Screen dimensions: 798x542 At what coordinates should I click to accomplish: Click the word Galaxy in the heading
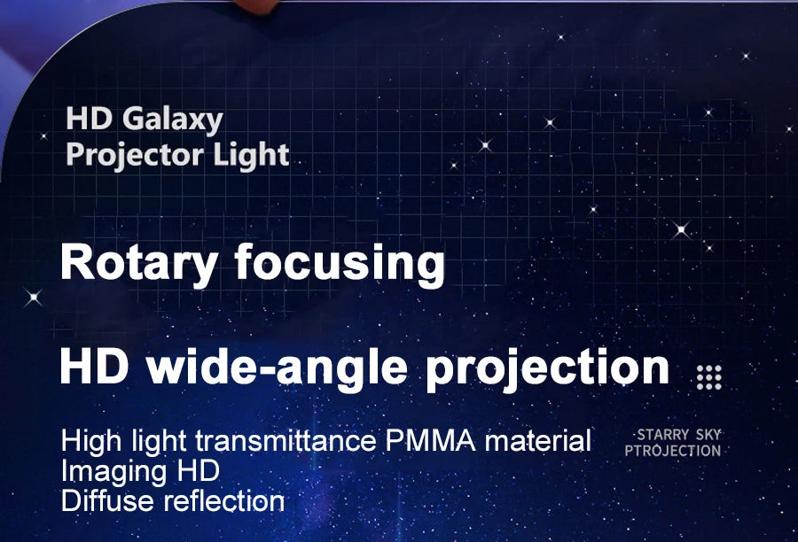pos(173,120)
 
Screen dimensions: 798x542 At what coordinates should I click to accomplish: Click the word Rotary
pos(139,263)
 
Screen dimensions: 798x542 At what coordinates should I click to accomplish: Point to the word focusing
pos(340,262)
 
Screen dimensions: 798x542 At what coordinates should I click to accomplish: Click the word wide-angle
pos(278,368)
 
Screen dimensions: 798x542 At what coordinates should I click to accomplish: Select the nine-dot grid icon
pos(709,378)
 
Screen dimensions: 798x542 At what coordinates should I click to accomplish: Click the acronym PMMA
pos(431,440)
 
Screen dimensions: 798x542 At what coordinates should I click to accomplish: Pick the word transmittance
pos(286,440)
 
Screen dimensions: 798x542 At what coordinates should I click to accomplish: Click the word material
pos(538,440)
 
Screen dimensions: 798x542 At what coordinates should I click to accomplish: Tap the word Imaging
pos(114,471)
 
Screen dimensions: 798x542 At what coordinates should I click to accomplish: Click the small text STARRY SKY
pos(679,435)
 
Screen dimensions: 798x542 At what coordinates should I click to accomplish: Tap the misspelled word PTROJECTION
pos(673,451)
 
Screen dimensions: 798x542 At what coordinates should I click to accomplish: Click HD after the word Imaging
pos(198,470)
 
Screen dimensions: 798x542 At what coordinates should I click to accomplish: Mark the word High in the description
pos(91,441)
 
